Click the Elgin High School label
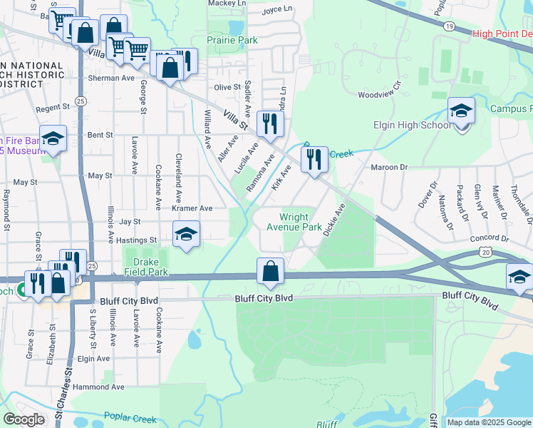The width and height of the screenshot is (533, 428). [x=413, y=126]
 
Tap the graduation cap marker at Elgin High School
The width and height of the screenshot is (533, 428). [x=462, y=112]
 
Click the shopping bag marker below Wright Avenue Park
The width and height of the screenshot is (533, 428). [x=270, y=272]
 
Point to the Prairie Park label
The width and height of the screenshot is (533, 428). [x=232, y=41]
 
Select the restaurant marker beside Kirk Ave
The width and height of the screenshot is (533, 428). [x=314, y=160]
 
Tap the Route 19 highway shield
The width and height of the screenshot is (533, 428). [x=449, y=26]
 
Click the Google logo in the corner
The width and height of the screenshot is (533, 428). [x=24, y=419]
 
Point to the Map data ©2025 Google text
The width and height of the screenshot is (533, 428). [x=489, y=422]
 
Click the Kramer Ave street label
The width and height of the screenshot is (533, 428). [x=192, y=208]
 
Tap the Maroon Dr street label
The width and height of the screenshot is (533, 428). [x=388, y=167]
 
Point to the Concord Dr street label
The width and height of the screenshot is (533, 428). [x=490, y=240]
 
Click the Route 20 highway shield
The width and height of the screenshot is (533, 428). [x=485, y=252]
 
